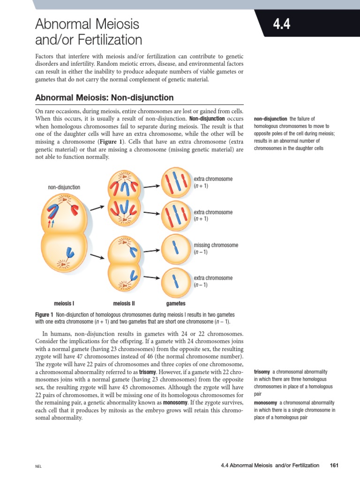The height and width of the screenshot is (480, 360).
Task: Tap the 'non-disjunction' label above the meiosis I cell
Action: pyautogui.click(x=64, y=187)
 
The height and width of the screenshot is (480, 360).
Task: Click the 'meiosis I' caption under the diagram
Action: pyautogui.click(x=64, y=303)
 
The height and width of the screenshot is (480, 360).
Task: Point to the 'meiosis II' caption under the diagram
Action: pyautogui.click(x=124, y=303)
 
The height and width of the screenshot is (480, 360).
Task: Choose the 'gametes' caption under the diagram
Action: pyautogui.click(x=176, y=303)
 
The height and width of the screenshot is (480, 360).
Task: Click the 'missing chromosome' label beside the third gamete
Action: pyautogui.click(x=216, y=245)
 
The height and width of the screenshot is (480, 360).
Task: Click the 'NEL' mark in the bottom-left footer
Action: pyautogui.click(x=38, y=466)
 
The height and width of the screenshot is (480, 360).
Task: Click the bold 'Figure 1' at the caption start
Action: pyautogui.click(x=44, y=315)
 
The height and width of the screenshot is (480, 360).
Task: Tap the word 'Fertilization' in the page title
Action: pyautogui.click(x=106, y=39)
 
